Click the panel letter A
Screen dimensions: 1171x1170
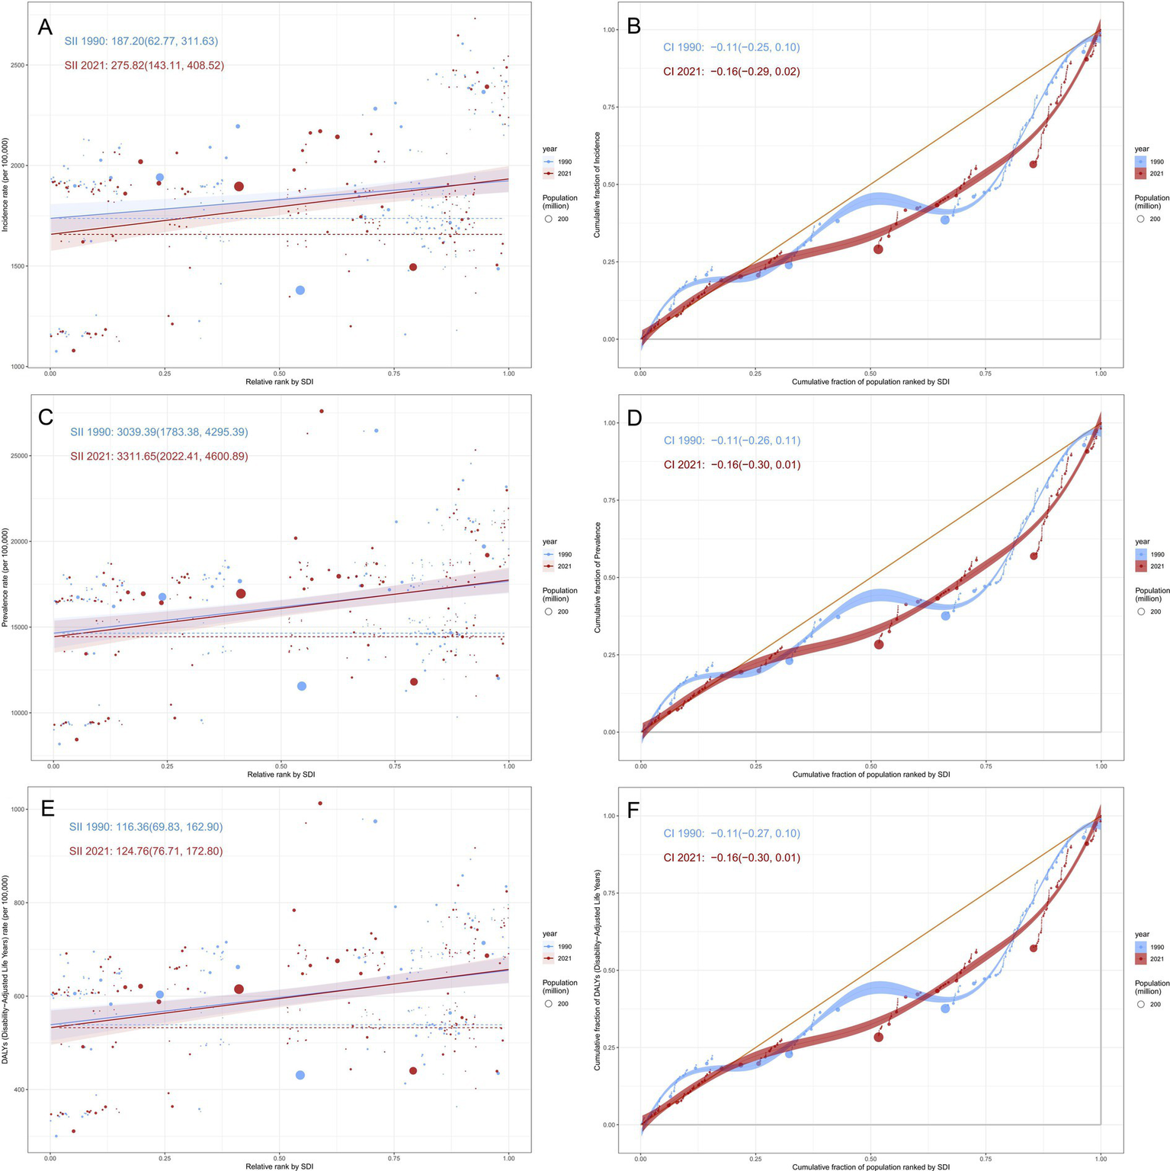(x=45, y=27)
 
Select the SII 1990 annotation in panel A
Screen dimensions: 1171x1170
(x=141, y=41)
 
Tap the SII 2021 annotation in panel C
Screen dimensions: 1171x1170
(x=159, y=457)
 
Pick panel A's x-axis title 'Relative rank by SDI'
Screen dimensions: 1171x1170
(x=279, y=382)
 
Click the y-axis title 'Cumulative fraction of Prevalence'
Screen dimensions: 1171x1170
(x=598, y=577)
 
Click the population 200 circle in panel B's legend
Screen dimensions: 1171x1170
(x=1141, y=219)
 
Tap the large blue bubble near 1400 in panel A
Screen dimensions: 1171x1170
(x=300, y=290)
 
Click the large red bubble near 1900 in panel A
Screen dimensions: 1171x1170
(x=239, y=186)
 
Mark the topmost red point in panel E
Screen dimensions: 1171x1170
(x=320, y=803)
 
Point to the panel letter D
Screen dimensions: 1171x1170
(x=634, y=419)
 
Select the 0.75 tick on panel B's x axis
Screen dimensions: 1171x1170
(x=986, y=374)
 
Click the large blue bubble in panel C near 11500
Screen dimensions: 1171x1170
(x=302, y=686)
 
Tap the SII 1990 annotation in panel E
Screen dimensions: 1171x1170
(x=146, y=826)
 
